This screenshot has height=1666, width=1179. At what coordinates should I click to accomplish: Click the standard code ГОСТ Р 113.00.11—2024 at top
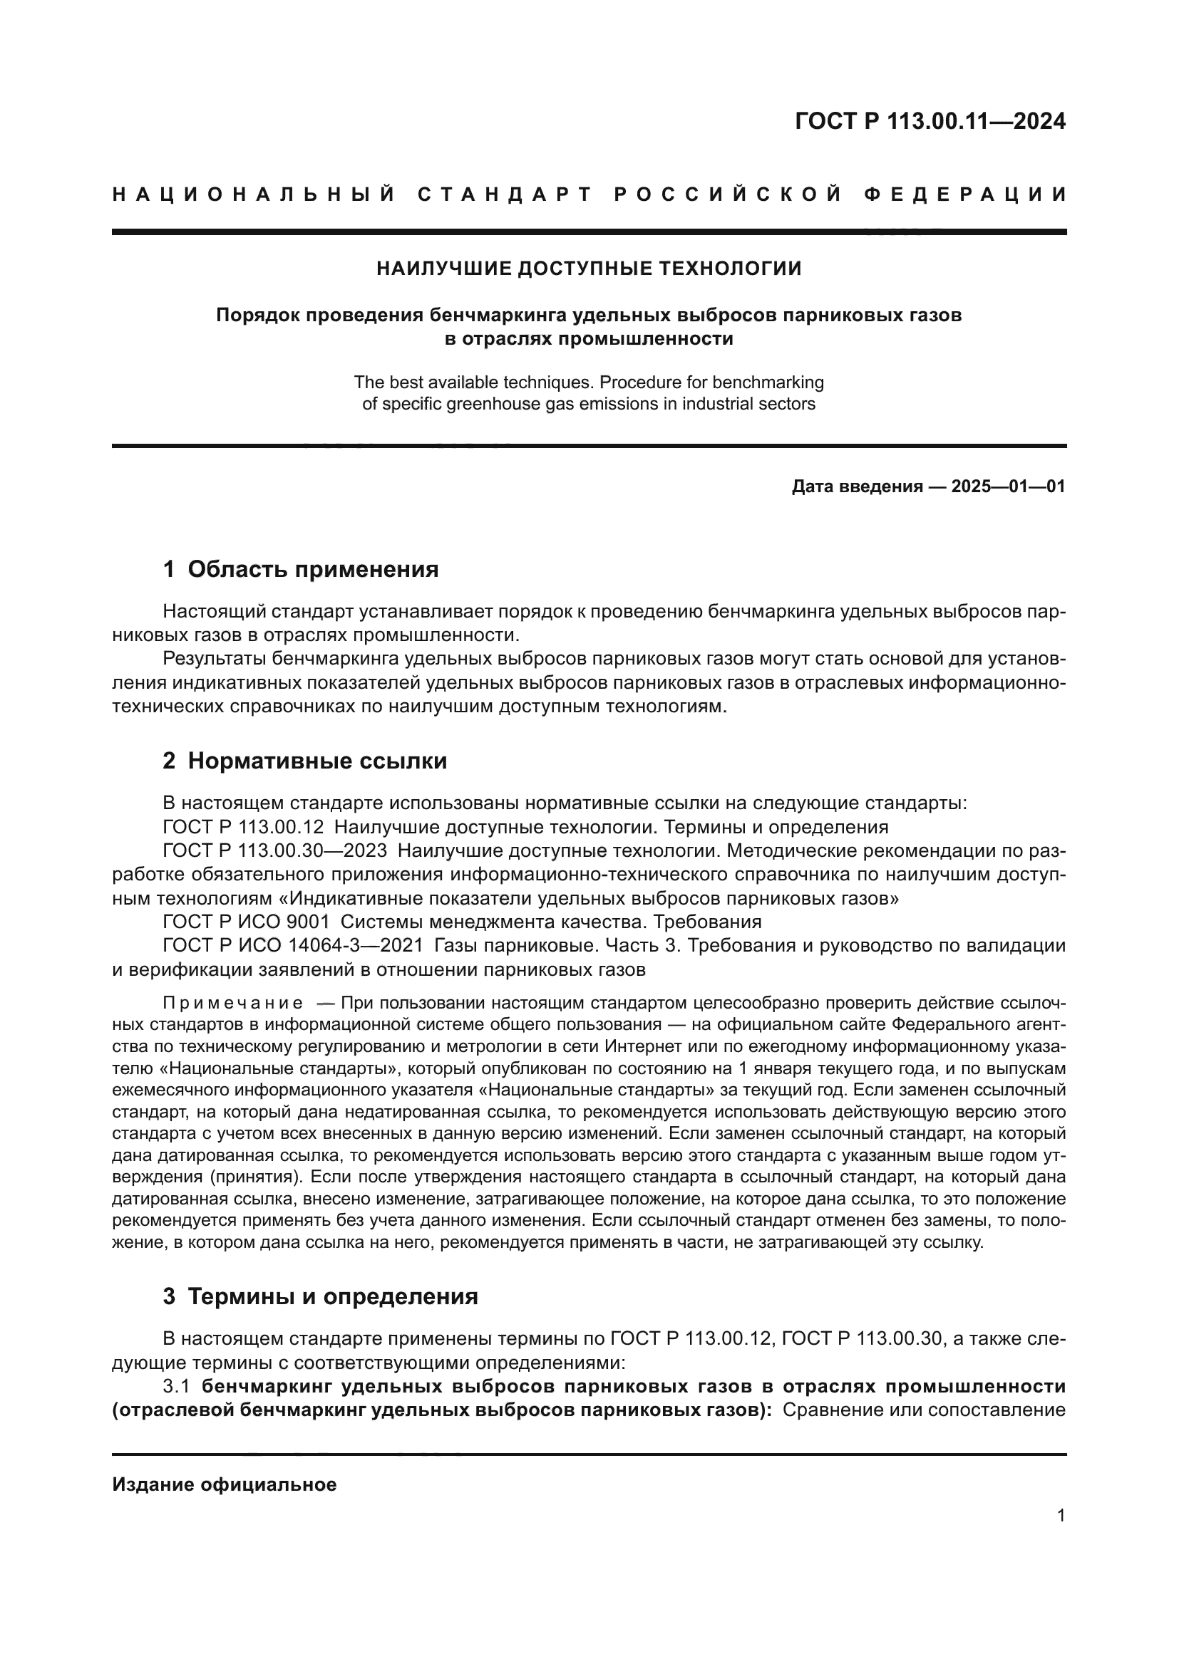(x=930, y=121)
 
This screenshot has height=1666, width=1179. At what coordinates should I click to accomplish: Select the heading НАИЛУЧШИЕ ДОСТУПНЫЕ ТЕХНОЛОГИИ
(x=589, y=269)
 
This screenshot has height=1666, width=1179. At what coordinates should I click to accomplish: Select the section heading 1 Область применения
(x=301, y=570)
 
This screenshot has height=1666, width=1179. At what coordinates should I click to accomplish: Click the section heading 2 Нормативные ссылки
(x=305, y=761)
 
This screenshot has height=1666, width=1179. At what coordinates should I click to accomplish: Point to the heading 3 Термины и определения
(x=320, y=1296)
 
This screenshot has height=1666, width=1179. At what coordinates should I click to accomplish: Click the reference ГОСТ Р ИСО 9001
(x=246, y=922)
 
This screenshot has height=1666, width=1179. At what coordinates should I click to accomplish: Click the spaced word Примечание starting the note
(x=232, y=1004)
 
